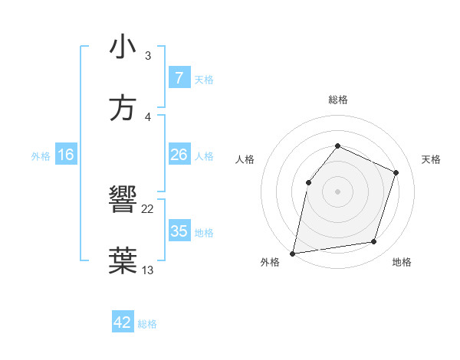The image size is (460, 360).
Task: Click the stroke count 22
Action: pos(148,209)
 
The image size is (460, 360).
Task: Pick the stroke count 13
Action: pos(148,270)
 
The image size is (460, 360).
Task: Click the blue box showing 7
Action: pos(179,78)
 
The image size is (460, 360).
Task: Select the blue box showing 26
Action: pos(179,155)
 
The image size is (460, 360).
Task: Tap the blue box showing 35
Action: pos(179,231)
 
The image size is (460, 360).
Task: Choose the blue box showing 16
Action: pos(66,155)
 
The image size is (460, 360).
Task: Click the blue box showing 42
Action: pos(123,322)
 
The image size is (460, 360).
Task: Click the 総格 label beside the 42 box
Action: pos(147,324)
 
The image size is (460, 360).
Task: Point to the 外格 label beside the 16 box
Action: pos(41,156)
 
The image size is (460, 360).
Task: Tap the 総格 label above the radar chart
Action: pos(337,100)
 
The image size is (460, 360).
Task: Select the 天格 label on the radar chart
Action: pos(431,159)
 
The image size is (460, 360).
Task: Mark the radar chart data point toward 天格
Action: pos(396,172)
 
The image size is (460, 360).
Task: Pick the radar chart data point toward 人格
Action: pos(308,182)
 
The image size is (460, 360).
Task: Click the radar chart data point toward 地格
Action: pos(374,242)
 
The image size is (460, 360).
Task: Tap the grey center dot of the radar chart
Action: pos(337,191)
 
